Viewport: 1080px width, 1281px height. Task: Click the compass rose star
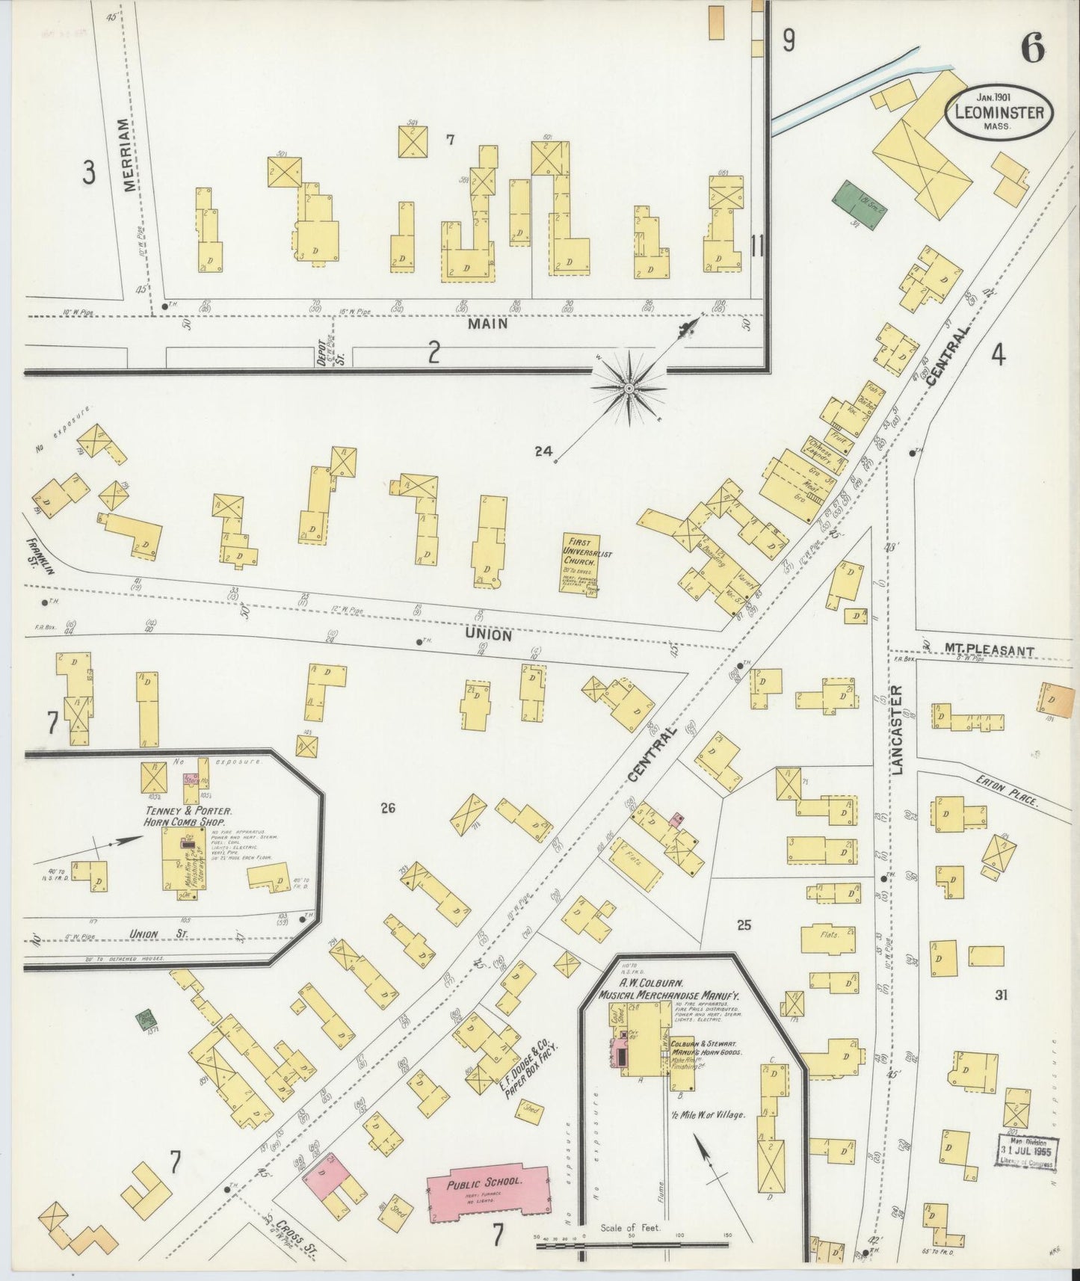point(630,389)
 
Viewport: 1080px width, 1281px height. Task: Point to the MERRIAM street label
point(129,154)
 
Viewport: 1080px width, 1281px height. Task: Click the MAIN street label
point(487,324)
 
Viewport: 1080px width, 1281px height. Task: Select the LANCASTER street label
point(897,729)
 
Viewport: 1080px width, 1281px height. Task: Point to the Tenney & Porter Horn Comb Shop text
point(188,816)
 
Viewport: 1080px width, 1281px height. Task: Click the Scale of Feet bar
point(632,1246)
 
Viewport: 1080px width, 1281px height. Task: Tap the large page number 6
point(1033,51)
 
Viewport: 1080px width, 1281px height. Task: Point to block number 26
point(387,808)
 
